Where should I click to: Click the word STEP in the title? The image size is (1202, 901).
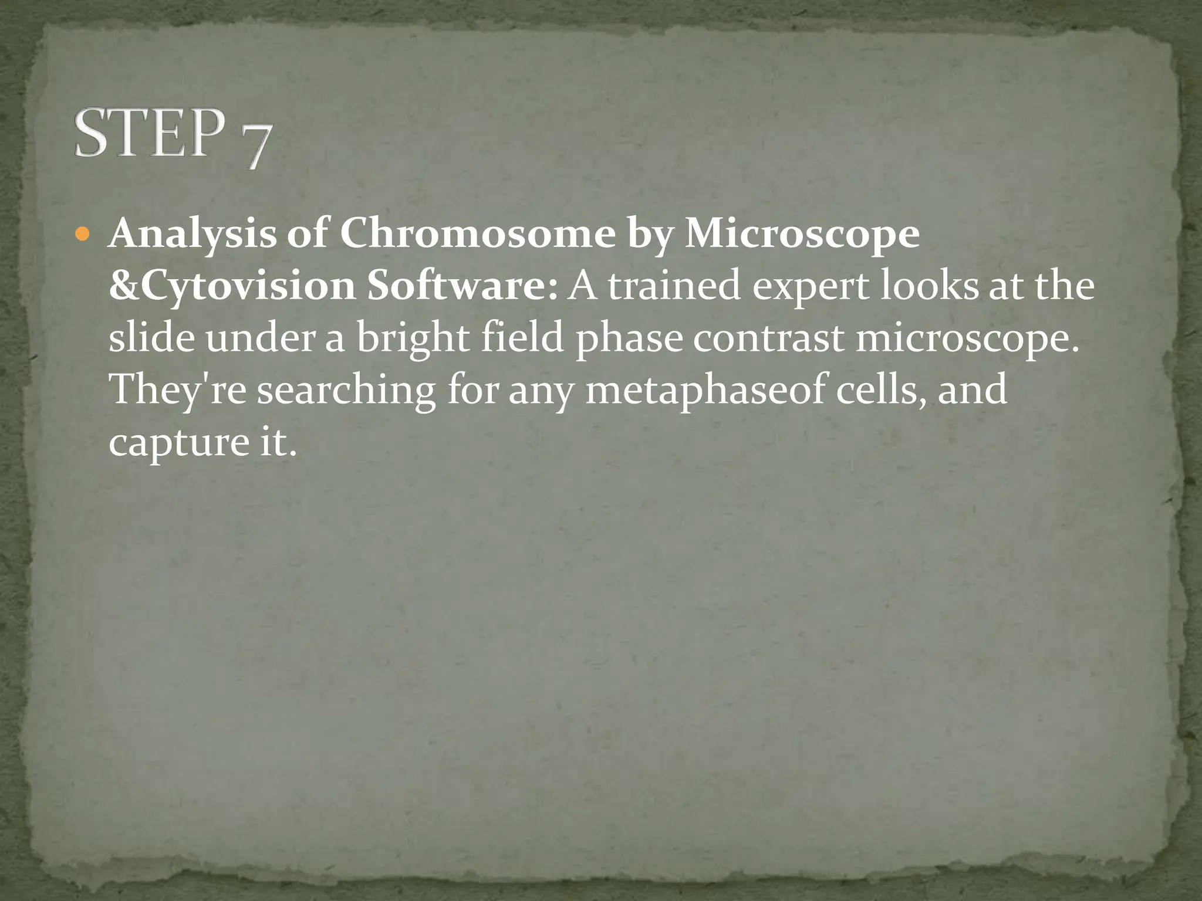(x=150, y=133)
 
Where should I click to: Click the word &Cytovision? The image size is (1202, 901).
(x=232, y=286)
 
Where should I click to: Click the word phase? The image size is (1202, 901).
(x=629, y=339)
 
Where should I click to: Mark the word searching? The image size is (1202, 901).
(x=346, y=391)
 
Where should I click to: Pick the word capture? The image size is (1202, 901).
(x=179, y=443)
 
